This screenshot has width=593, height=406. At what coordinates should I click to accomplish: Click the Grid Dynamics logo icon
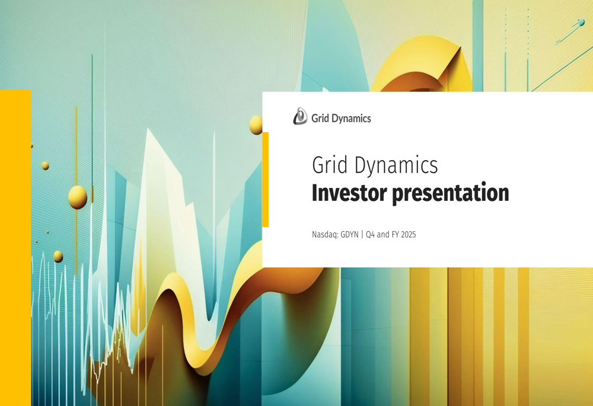click(300, 117)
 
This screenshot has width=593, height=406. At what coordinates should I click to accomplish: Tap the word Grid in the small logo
click(318, 119)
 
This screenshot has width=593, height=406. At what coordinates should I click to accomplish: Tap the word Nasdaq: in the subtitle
click(325, 235)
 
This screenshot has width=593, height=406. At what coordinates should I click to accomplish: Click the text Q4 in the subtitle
click(370, 235)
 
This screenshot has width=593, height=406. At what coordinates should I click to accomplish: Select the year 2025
click(408, 235)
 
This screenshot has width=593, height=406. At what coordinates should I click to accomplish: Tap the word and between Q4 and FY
click(382, 235)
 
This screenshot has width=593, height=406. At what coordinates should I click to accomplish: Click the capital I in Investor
click(315, 193)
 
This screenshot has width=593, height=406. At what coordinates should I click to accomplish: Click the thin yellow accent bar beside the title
click(265, 179)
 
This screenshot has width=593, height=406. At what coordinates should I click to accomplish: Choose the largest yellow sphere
click(78, 197)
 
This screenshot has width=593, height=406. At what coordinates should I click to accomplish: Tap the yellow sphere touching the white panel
click(256, 124)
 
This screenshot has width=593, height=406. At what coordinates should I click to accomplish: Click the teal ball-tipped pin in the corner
click(580, 23)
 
